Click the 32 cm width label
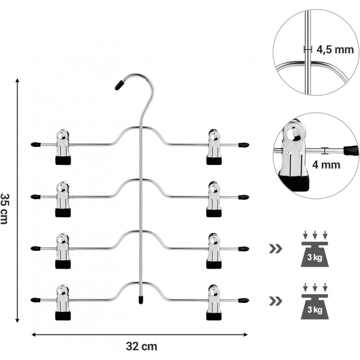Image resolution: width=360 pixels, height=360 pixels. click(x=140, y=346)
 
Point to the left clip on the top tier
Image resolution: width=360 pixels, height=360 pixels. click(x=63, y=147)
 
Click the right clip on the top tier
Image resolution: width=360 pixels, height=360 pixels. click(x=214, y=147)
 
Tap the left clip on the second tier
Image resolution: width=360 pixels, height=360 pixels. click(x=63, y=198)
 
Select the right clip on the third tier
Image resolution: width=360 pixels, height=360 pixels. click(x=214, y=250)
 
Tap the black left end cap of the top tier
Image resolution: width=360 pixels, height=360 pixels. click(x=35, y=145)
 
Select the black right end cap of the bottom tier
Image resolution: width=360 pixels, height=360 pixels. click(x=243, y=299)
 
